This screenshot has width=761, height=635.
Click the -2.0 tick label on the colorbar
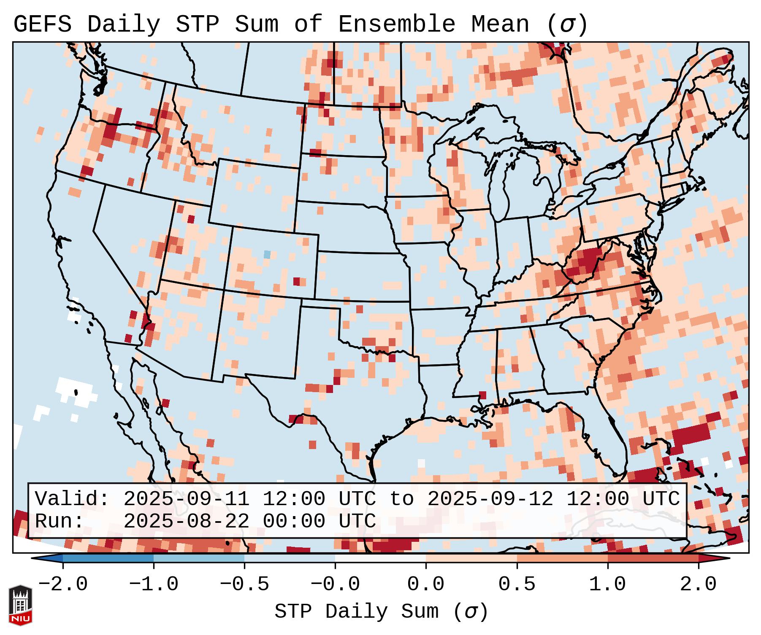pyautogui.click(x=62, y=584)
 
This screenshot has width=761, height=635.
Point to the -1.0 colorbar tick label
pyautogui.click(x=153, y=584)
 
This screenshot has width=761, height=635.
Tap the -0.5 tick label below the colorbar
pyautogui.click(x=244, y=584)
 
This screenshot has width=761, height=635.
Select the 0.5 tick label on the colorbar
pyautogui.click(x=517, y=584)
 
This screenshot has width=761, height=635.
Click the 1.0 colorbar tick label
pyautogui.click(x=607, y=584)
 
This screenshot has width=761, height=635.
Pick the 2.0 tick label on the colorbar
pyautogui.click(x=698, y=584)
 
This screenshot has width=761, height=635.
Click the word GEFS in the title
pyautogui.click(x=42, y=24)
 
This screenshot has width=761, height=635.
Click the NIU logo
pyautogui.click(x=20, y=605)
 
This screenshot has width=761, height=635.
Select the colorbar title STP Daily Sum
pyautogui.click(x=356, y=611)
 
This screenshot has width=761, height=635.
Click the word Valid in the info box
pyautogui.click(x=71, y=499)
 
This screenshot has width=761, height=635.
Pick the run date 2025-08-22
pyautogui.click(x=186, y=521)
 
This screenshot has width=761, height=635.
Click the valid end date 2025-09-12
pyautogui.click(x=490, y=499)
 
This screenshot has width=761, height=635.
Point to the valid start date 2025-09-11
pyautogui.click(x=186, y=499)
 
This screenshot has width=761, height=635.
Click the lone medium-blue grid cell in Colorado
pyautogui.click(x=267, y=254)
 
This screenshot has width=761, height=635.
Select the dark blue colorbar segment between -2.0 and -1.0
pyautogui.click(x=108, y=558)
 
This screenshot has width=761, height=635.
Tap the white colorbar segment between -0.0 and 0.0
pyautogui.click(x=380, y=558)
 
